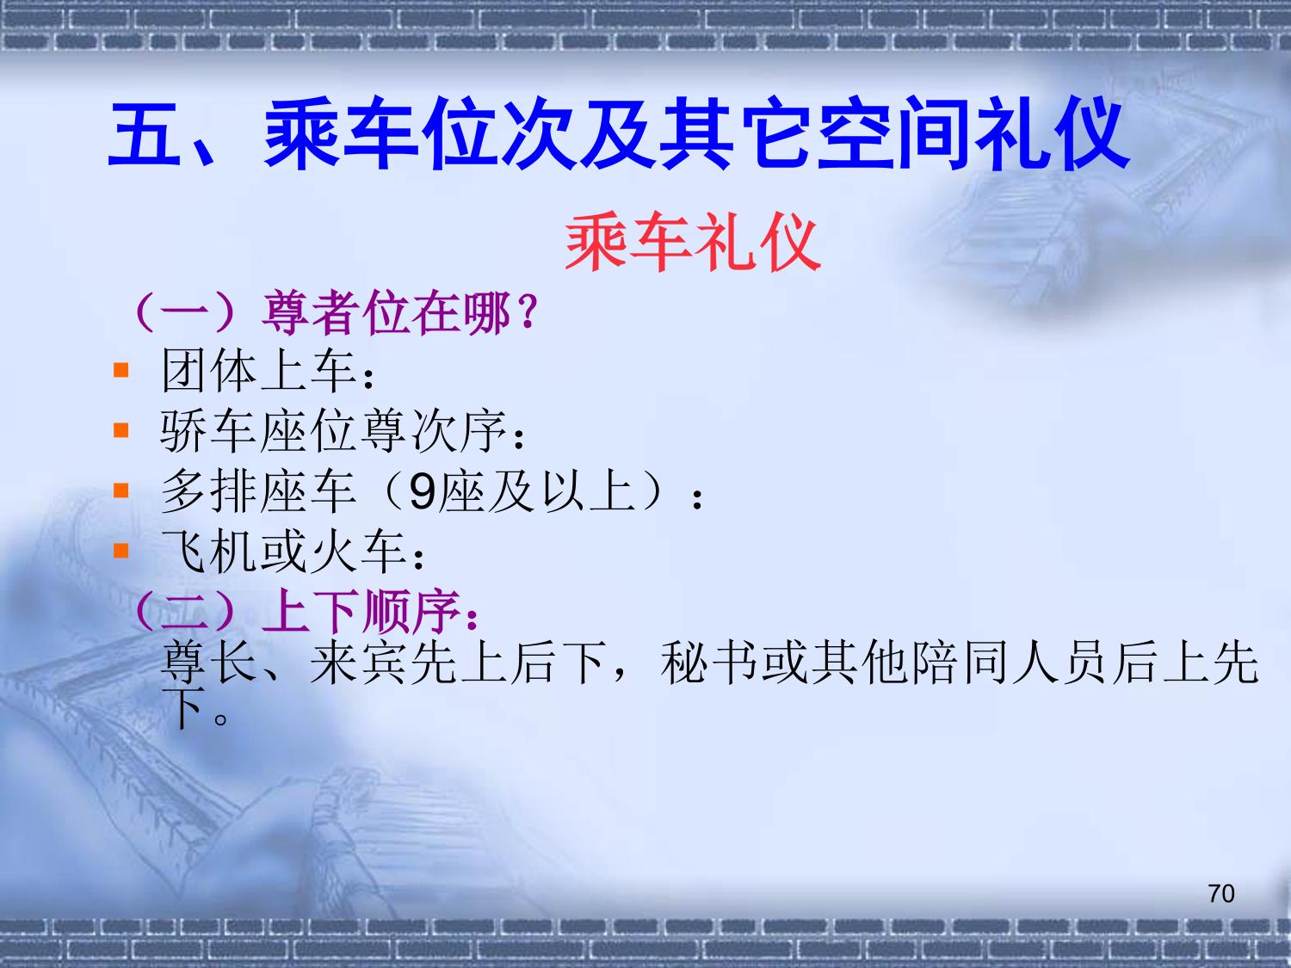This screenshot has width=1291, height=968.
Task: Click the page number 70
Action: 1221,893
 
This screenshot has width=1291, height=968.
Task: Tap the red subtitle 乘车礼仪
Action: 693,242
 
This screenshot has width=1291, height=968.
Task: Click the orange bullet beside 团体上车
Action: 121,370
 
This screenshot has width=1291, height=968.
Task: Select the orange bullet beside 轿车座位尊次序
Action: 121,430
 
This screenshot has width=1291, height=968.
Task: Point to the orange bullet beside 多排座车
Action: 121,490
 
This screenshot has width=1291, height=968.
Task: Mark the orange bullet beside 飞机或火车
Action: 121,550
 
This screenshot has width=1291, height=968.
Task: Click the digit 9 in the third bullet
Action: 421,491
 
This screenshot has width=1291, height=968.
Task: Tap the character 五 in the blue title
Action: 144,133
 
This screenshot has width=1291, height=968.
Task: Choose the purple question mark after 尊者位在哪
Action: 528,312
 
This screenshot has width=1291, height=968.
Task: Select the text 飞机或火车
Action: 283,551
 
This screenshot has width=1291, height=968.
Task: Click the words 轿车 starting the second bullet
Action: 210,431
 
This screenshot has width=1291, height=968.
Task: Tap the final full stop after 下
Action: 221,718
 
